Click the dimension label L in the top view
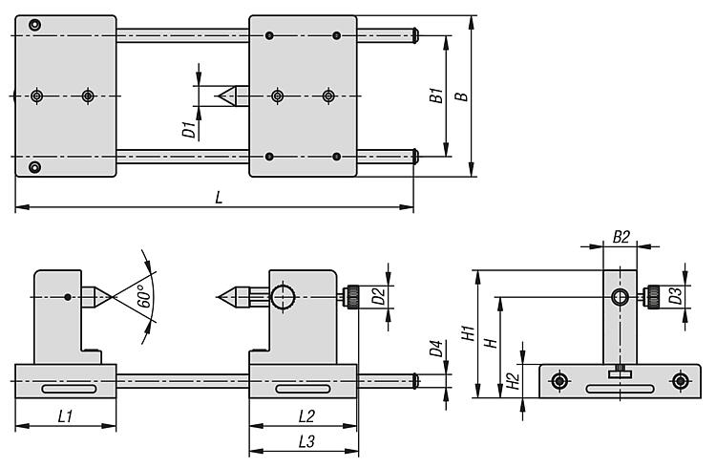(219, 198)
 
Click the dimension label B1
(435, 96)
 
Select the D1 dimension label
(189, 128)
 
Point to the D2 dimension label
(378, 297)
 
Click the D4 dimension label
(435, 351)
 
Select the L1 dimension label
(64, 415)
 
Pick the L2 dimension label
(307, 415)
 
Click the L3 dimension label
(307, 441)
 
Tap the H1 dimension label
(469, 333)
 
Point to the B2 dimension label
(621, 235)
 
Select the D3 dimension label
(676, 297)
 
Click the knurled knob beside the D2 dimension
(354, 297)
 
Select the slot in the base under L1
(67, 389)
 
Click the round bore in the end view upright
(621, 298)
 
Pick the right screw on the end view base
(679, 381)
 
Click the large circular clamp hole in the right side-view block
(284, 297)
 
